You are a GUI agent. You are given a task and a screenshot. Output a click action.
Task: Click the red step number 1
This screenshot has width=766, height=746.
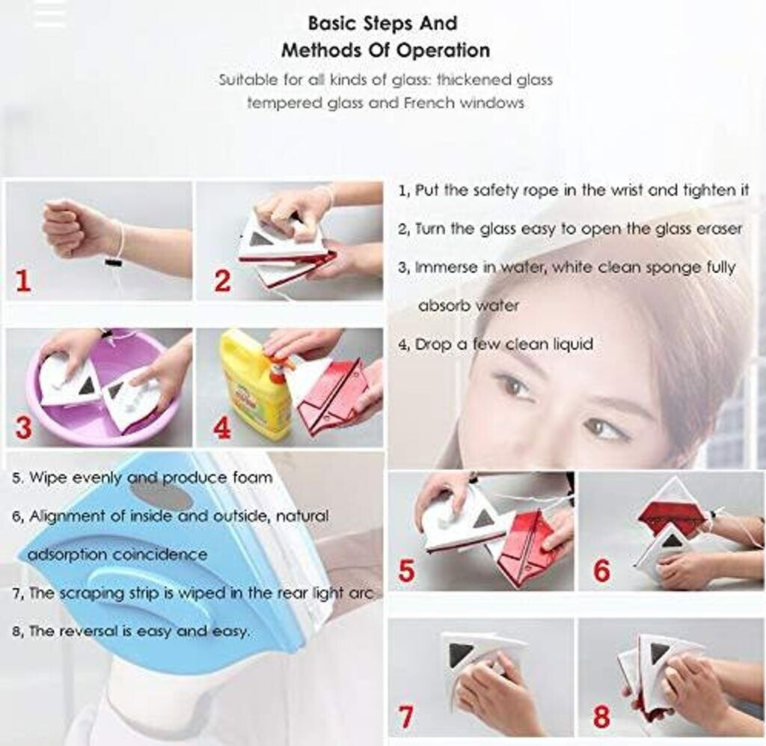(23, 281)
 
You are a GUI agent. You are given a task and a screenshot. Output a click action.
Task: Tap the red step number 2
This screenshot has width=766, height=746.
(223, 281)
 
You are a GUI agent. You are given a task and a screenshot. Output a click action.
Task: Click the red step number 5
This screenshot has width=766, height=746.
(406, 570)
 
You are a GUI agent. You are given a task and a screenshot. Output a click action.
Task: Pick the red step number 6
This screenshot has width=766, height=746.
(602, 570)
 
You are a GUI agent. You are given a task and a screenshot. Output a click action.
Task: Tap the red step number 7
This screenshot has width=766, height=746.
(406, 717)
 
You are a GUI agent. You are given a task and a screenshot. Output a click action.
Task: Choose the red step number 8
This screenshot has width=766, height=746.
(601, 717)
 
